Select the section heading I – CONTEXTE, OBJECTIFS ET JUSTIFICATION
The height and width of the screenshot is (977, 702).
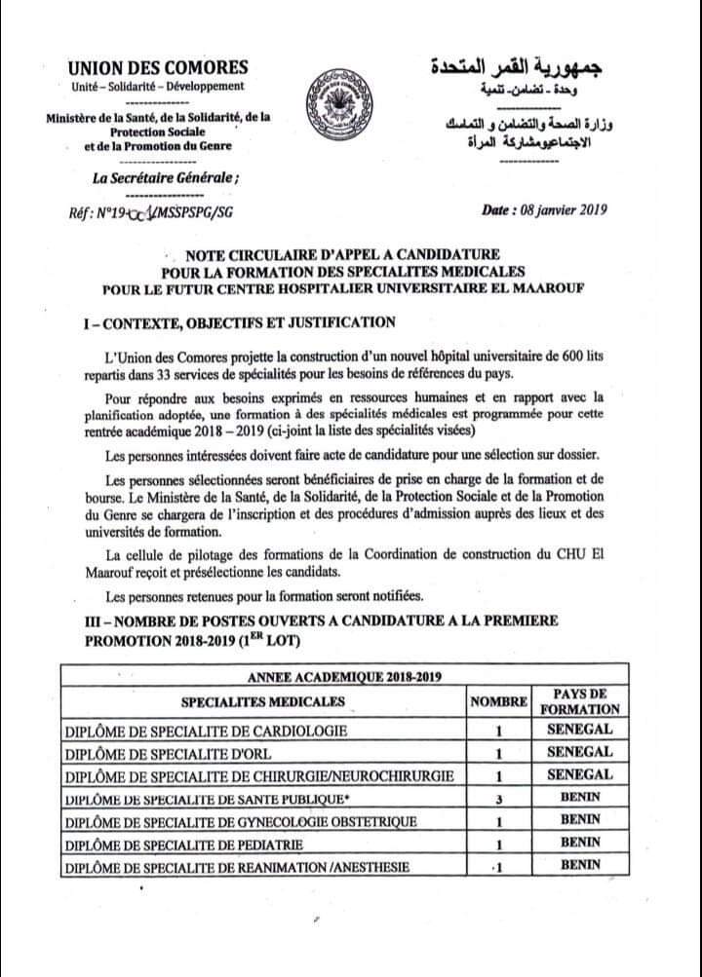240,322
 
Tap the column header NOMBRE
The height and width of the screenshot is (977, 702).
498,701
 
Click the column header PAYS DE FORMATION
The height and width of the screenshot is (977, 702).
586,701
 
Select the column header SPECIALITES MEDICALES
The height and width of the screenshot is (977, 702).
261,701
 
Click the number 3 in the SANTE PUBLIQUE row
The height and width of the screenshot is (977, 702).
498,799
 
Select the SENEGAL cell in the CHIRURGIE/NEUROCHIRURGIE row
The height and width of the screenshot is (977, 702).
586,775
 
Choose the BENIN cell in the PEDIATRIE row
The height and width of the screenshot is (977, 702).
586,844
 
